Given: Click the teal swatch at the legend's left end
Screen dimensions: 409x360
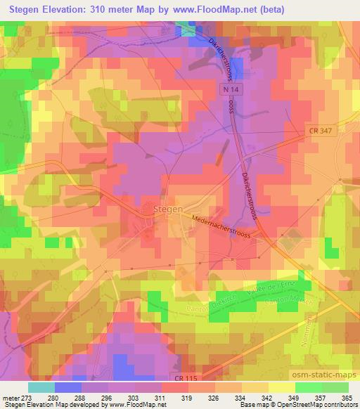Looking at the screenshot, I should (41, 387).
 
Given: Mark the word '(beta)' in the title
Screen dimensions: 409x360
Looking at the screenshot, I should (267, 11).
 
